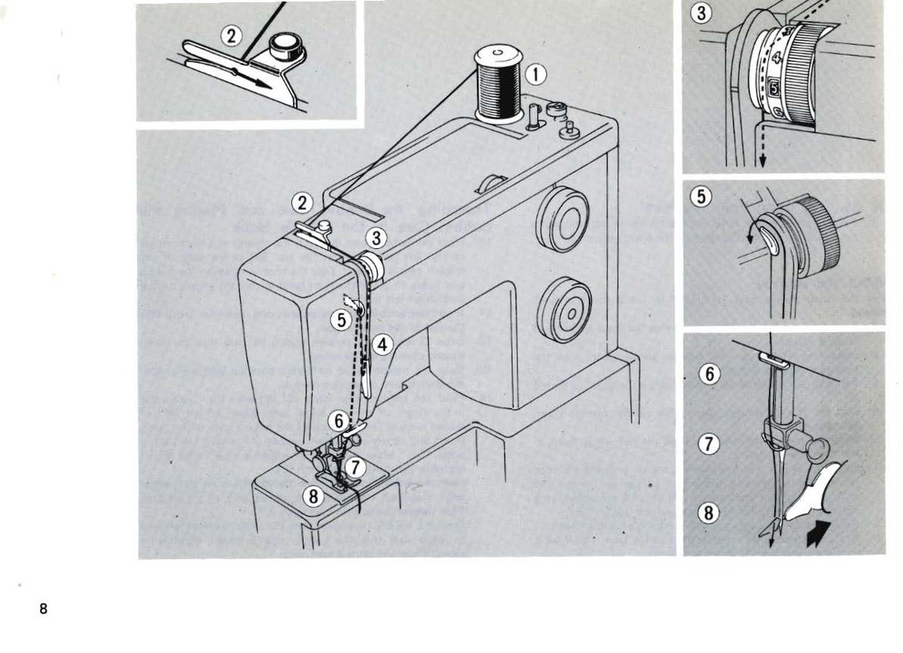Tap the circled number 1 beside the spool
click(536, 75)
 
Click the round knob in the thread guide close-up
click(285, 45)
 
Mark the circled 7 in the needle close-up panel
click(709, 445)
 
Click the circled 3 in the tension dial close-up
click(700, 13)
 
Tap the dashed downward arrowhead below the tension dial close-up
click(762, 161)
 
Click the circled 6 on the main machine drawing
click(338, 421)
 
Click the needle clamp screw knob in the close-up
click(816, 447)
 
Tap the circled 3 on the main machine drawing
click(376, 238)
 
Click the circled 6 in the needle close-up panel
click(709, 374)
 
